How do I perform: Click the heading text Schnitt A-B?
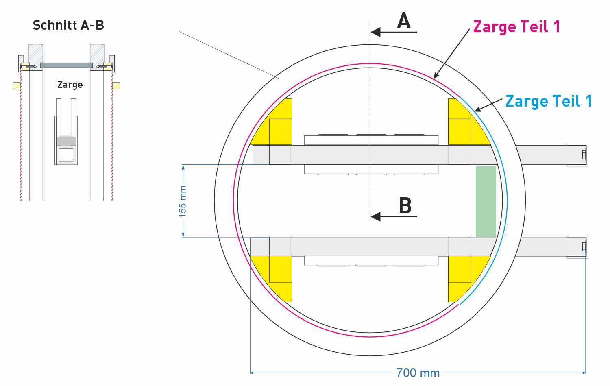68,25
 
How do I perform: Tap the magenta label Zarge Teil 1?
516,27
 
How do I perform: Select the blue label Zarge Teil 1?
548,101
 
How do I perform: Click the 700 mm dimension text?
418,373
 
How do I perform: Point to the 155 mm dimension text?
183,201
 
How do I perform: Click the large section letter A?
404,21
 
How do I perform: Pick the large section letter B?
405,206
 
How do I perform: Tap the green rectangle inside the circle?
486,201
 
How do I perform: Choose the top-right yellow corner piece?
464,124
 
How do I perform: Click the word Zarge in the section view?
70,85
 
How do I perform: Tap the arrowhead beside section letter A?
375,32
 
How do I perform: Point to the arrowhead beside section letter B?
375,216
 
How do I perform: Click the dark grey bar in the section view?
66,65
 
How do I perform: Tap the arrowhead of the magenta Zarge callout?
436,76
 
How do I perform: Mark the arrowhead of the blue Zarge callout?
477,109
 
